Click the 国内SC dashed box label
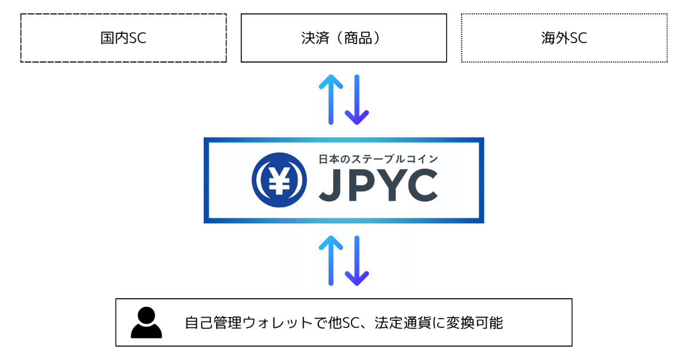(x=124, y=38)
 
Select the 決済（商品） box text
(x=344, y=38)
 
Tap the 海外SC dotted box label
(x=564, y=38)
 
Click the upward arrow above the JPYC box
(x=331, y=99)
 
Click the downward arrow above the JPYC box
(x=357, y=99)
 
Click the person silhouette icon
(x=147, y=323)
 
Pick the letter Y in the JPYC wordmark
(x=388, y=186)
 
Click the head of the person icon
(x=147, y=315)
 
